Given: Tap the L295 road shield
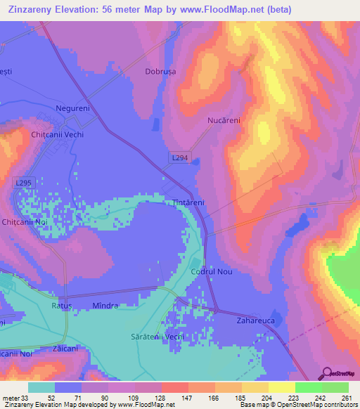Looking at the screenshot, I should point(23,183).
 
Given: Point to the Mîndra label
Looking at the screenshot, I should point(106,306).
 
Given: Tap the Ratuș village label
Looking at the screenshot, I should point(62,306).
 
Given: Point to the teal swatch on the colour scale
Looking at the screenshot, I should point(41,387).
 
